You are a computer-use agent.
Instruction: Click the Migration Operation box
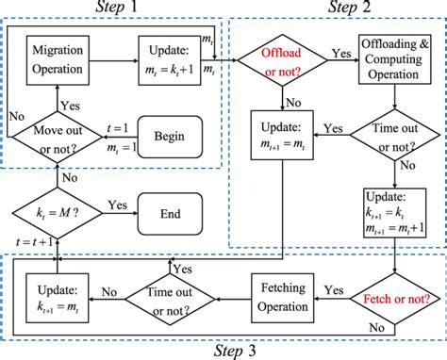[59, 57]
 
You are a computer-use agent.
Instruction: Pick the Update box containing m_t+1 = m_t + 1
[396, 213]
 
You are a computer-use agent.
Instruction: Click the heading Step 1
[117, 8]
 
